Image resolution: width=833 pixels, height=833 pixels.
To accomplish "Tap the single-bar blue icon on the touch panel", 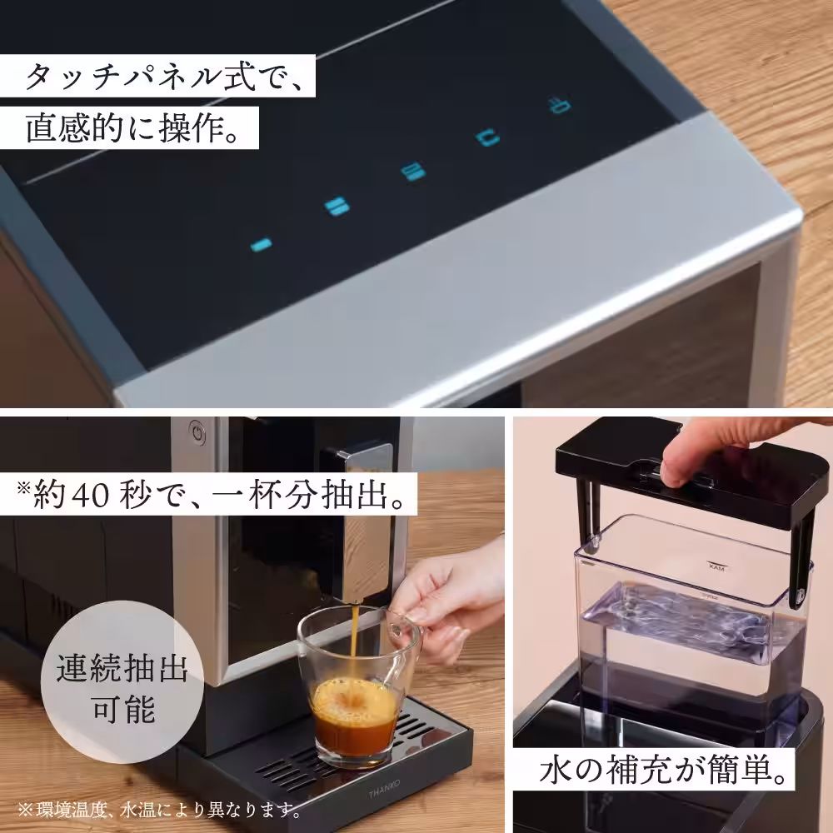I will pyautogui.click(x=262, y=245).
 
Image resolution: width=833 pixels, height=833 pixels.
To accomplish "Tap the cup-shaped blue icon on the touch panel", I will pyautogui.click(x=488, y=137).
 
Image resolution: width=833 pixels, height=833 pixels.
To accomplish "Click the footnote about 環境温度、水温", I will pyautogui.click(x=158, y=809).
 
